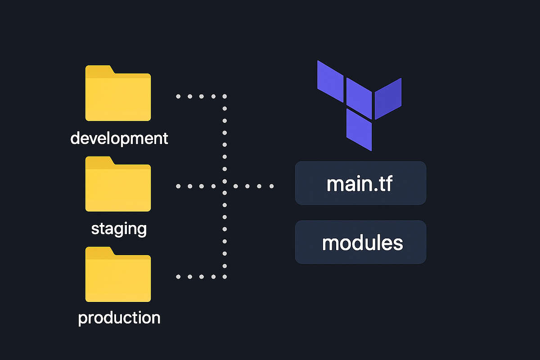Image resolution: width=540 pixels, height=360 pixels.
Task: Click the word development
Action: point(119,138)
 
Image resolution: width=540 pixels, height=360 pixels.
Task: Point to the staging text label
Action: point(119,229)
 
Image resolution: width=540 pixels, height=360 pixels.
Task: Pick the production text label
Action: point(119,318)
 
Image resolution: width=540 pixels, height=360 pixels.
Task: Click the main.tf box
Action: point(360,183)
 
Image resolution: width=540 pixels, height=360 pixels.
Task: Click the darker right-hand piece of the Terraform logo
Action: point(388,98)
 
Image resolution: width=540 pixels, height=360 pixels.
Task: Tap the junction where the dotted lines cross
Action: point(225,186)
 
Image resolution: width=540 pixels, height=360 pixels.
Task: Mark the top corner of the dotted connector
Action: point(225,96)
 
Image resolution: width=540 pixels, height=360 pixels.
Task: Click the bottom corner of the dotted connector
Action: point(225,276)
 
